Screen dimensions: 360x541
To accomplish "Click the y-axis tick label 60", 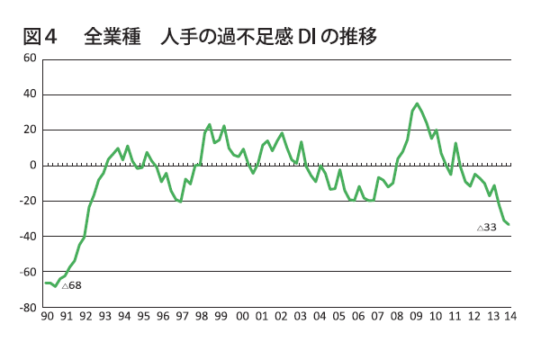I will pos(30,58).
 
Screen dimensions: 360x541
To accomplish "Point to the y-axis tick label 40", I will pos(30,94).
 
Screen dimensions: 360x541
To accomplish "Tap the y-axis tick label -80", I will pos(28,307).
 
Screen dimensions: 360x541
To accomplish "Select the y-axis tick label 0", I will pos(32,165).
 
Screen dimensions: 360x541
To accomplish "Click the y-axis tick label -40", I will pos(28,236).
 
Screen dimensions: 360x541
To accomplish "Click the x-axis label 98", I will pos(201,316).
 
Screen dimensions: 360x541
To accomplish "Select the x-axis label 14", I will pos(509,316).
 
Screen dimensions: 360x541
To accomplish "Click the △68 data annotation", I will pos(71,285).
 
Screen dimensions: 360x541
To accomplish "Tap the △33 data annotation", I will pos(487,228).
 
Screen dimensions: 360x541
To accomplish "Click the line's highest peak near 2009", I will pos(417,103).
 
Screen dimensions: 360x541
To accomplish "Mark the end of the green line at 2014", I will pos(509,224).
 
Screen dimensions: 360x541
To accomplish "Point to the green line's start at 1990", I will pos(46,283).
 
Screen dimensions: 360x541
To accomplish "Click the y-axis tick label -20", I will pos(28,201).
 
